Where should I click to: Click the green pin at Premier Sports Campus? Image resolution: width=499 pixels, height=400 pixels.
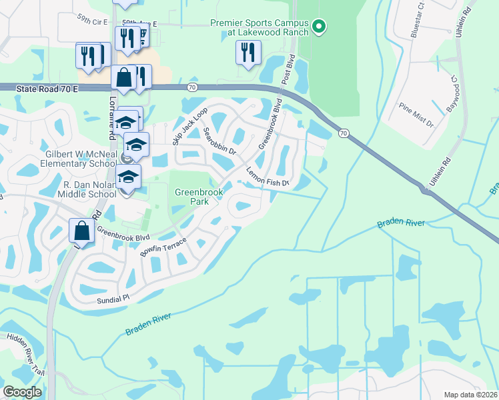319,27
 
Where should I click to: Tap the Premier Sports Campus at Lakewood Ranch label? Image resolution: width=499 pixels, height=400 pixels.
260,27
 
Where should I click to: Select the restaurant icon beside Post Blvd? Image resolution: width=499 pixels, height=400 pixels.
247,53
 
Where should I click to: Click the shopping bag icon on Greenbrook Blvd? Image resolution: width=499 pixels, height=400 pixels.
81,231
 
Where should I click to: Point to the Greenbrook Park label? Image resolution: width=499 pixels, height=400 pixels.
198,195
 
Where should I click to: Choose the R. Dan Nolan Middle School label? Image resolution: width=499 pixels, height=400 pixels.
89,189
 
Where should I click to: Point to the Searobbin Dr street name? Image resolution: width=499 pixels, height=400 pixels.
220,141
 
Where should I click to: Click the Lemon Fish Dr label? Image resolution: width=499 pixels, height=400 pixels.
268,177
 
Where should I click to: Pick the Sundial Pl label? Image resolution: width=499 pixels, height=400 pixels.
112,301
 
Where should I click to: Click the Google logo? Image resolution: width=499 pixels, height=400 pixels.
22,392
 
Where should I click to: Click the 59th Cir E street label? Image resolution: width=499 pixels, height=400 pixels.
92,22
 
